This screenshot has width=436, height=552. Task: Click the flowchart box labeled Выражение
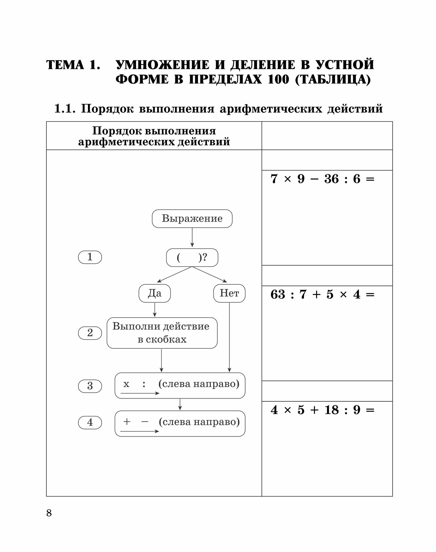click(x=192, y=219)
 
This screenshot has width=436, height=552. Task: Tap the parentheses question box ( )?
click(x=192, y=258)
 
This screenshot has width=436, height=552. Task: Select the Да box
click(x=155, y=293)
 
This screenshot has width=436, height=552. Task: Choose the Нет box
click(x=229, y=293)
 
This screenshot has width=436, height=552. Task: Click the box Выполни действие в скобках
click(x=162, y=333)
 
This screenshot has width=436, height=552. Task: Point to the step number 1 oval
click(x=90, y=257)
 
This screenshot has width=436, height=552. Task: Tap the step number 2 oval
click(x=90, y=333)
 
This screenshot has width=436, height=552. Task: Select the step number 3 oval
click(x=90, y=386)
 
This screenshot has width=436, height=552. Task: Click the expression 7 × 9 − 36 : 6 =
click(x=322, y=179)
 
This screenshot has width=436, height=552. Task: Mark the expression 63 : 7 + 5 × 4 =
click(x=322, y=294)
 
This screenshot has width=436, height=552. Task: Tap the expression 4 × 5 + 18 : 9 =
click(x=322, y=410)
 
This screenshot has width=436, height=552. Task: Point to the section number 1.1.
click(x=65, y=108)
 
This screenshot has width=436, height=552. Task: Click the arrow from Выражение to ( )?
click(x=192, y=237)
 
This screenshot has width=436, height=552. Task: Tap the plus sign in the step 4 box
click(x=127, y=422)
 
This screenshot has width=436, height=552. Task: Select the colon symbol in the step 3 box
click(x=144, y=384)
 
